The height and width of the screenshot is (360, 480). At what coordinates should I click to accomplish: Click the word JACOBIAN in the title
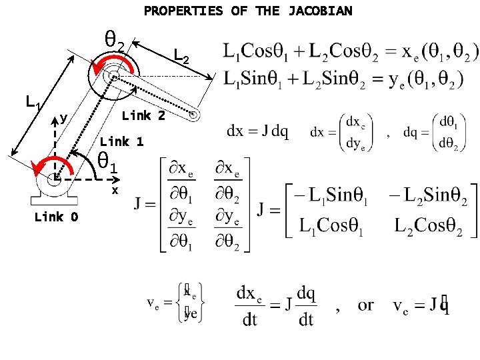click(x=321, y=11)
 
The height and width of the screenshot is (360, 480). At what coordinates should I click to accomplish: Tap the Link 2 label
click(x=143, y=115)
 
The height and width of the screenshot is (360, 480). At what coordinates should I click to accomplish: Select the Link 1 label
click(x=121, y=141)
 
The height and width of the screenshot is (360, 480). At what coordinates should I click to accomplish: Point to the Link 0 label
click(x=56, y=217)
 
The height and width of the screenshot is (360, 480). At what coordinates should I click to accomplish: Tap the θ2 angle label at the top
click(x=114, y=41)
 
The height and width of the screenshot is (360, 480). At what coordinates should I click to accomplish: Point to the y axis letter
click(x=63, y=118)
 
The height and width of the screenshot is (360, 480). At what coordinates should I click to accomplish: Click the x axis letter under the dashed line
click(x=115, y=190)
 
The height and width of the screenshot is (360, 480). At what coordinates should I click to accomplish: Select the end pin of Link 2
click(x=193, y=114)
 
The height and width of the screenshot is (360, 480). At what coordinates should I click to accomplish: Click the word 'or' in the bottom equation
click(x=366, y=305)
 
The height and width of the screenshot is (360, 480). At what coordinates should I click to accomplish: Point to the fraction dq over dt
click(x=306, y=306)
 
